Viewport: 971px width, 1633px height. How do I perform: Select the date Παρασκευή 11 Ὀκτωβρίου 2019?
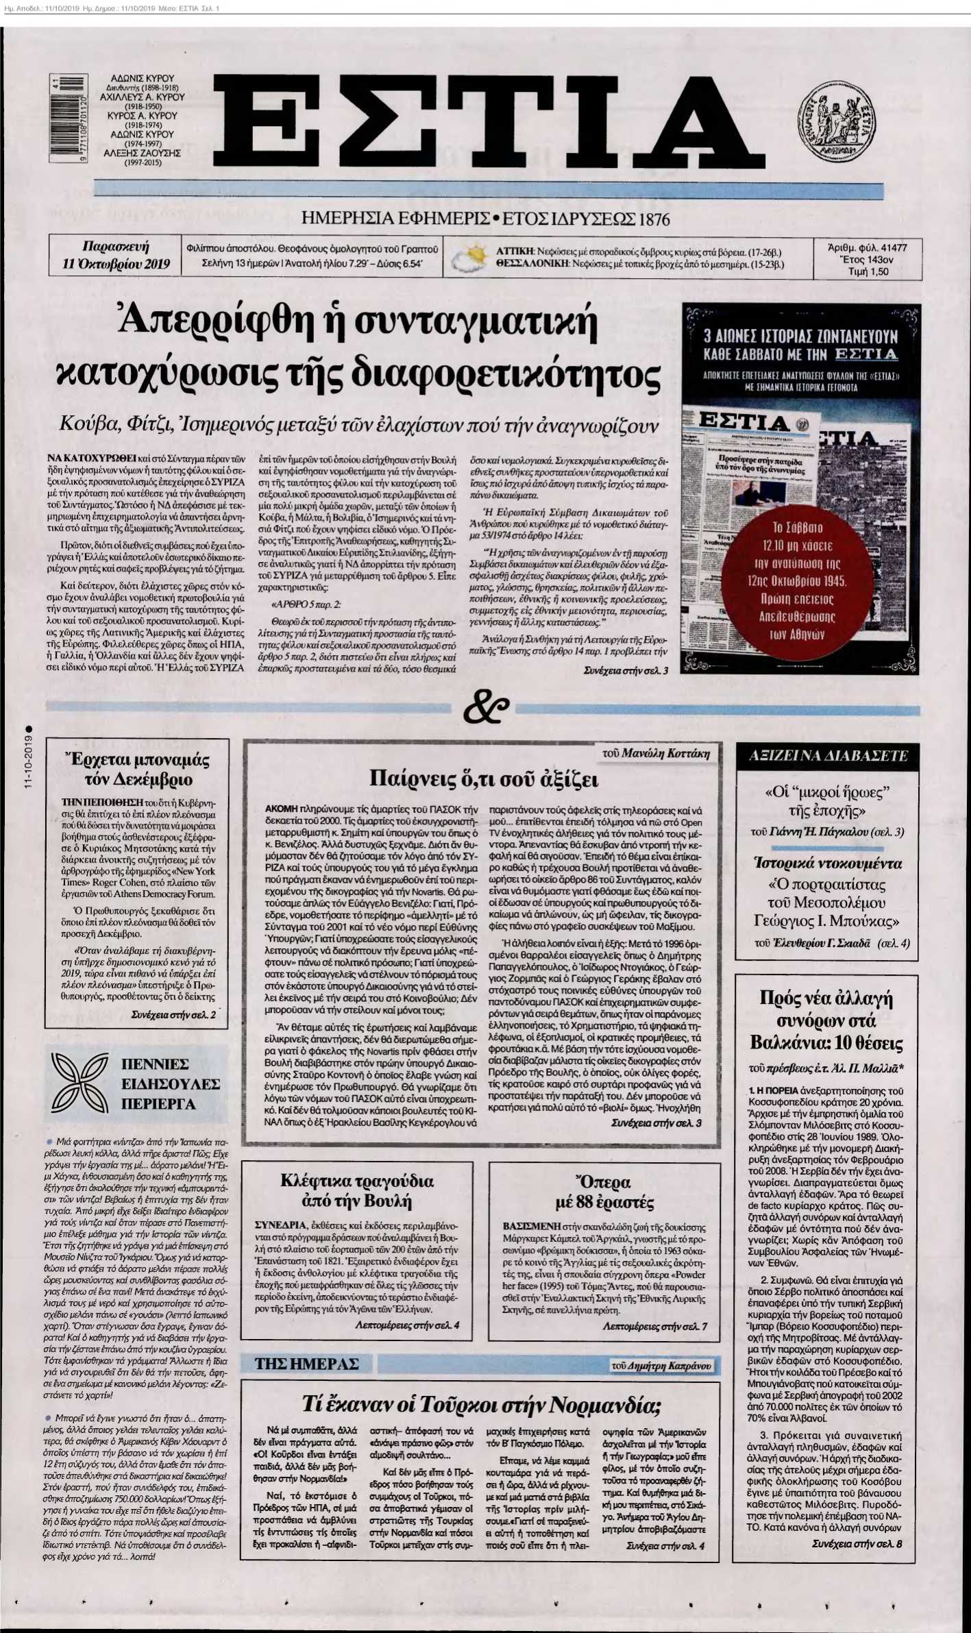click(x=116, y=256)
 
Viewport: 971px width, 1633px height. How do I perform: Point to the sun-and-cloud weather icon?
click(x=469, y=258)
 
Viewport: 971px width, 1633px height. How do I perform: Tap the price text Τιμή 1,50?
click(x=868, y=271)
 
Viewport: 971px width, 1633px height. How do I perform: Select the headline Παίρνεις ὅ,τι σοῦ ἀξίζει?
click(x=484, y=780)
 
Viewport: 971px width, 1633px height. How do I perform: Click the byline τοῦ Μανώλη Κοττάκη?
click(x=656, y=754)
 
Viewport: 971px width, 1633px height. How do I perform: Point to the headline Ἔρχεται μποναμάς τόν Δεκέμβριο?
click(x=137, y=770)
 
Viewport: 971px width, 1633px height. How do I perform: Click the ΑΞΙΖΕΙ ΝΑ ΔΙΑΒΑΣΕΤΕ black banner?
click(x=828, y=756)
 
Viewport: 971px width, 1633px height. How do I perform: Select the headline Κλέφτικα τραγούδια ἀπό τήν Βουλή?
click(x=356, y=1191)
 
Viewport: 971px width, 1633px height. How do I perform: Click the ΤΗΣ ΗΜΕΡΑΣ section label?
click(x=306, y=1364)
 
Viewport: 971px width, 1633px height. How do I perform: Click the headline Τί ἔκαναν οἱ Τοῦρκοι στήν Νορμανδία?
click(x=481, y=1404)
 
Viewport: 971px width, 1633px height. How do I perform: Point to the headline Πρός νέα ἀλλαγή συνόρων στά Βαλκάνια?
click(x=826, y=1020)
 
